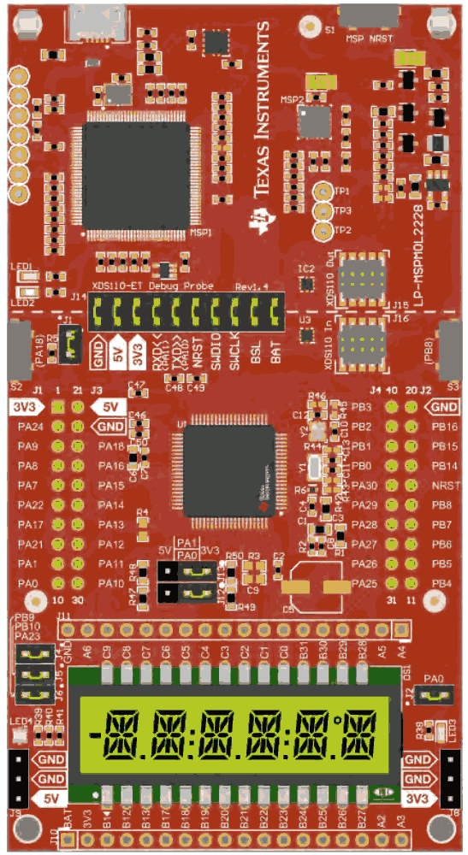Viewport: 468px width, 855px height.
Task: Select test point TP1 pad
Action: tap(323, 192)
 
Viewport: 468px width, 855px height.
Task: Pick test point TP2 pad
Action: tap(323, 228)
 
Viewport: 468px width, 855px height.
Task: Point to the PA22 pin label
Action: tap(29, 504)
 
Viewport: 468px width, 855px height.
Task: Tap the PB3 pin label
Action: tap(361, 406)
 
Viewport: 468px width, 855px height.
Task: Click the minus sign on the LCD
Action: tap(95, 734)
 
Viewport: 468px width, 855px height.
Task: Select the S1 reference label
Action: tap(330, 31)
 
